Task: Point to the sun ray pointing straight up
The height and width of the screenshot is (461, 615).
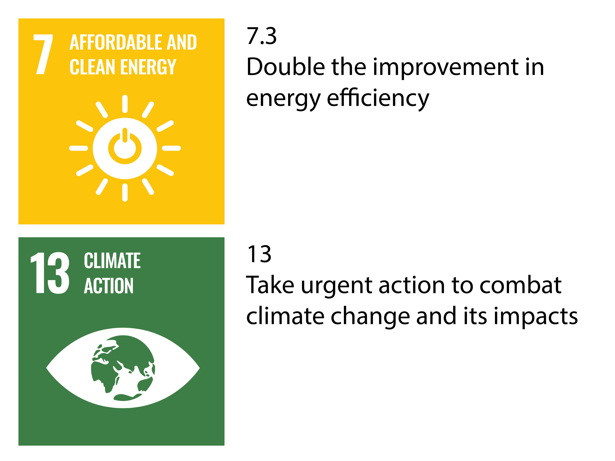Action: pos(125,104)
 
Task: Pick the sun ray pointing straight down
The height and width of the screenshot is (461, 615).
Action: pos(125,192)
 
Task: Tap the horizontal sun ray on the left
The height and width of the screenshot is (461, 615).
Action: pos(78,148)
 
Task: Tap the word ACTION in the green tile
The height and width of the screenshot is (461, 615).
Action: pos(109,286)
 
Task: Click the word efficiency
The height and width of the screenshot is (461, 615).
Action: pos(378,99)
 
